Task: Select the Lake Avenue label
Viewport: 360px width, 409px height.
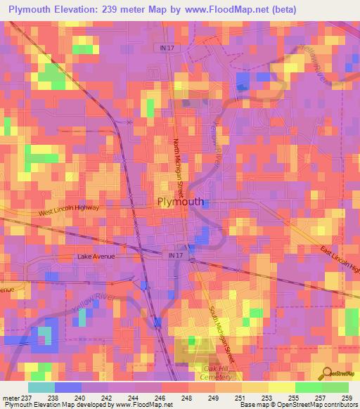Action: tap(96, 257)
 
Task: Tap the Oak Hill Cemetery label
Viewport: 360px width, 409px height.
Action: tap(217, 375)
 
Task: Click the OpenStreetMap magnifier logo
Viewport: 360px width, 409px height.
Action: tap(326, 372)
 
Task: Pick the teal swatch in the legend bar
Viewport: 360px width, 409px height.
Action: tap(41, 387)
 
